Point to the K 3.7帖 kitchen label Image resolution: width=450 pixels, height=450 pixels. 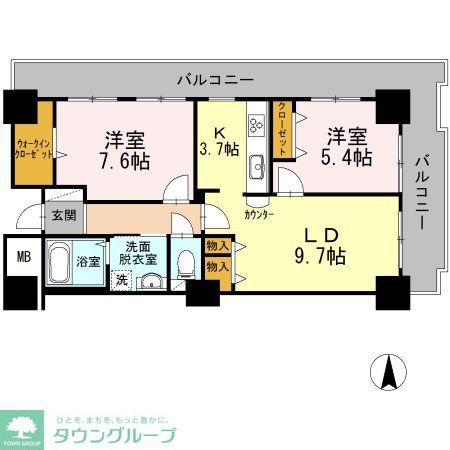coord(219,139)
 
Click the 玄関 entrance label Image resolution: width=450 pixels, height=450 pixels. coord(64,214)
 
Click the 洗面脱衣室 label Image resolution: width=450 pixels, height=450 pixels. coord(138,252)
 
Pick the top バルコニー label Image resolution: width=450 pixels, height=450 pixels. coord(215,77)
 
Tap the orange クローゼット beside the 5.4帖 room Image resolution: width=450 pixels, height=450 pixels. coord(284,128)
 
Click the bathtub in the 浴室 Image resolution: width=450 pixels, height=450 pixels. coord(62,262)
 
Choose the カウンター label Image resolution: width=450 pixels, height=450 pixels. coord(259,214)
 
